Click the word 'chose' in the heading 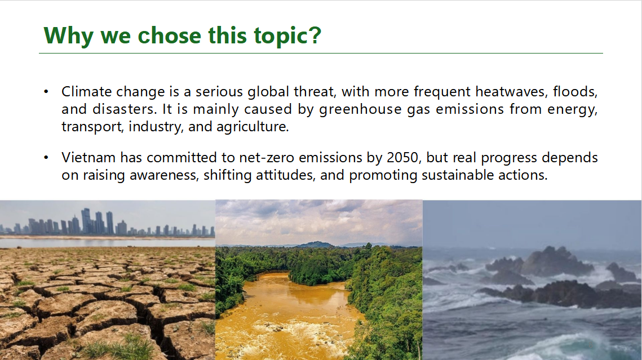pos(170,35)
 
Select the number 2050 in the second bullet pos(402,158)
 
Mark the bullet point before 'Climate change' pos(46,92)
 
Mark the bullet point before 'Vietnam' pos(46,158)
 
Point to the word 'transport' pos(92,127)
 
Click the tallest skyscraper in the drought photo pos(86,221)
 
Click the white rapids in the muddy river pos(286,335)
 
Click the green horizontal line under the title pos(321,53)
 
